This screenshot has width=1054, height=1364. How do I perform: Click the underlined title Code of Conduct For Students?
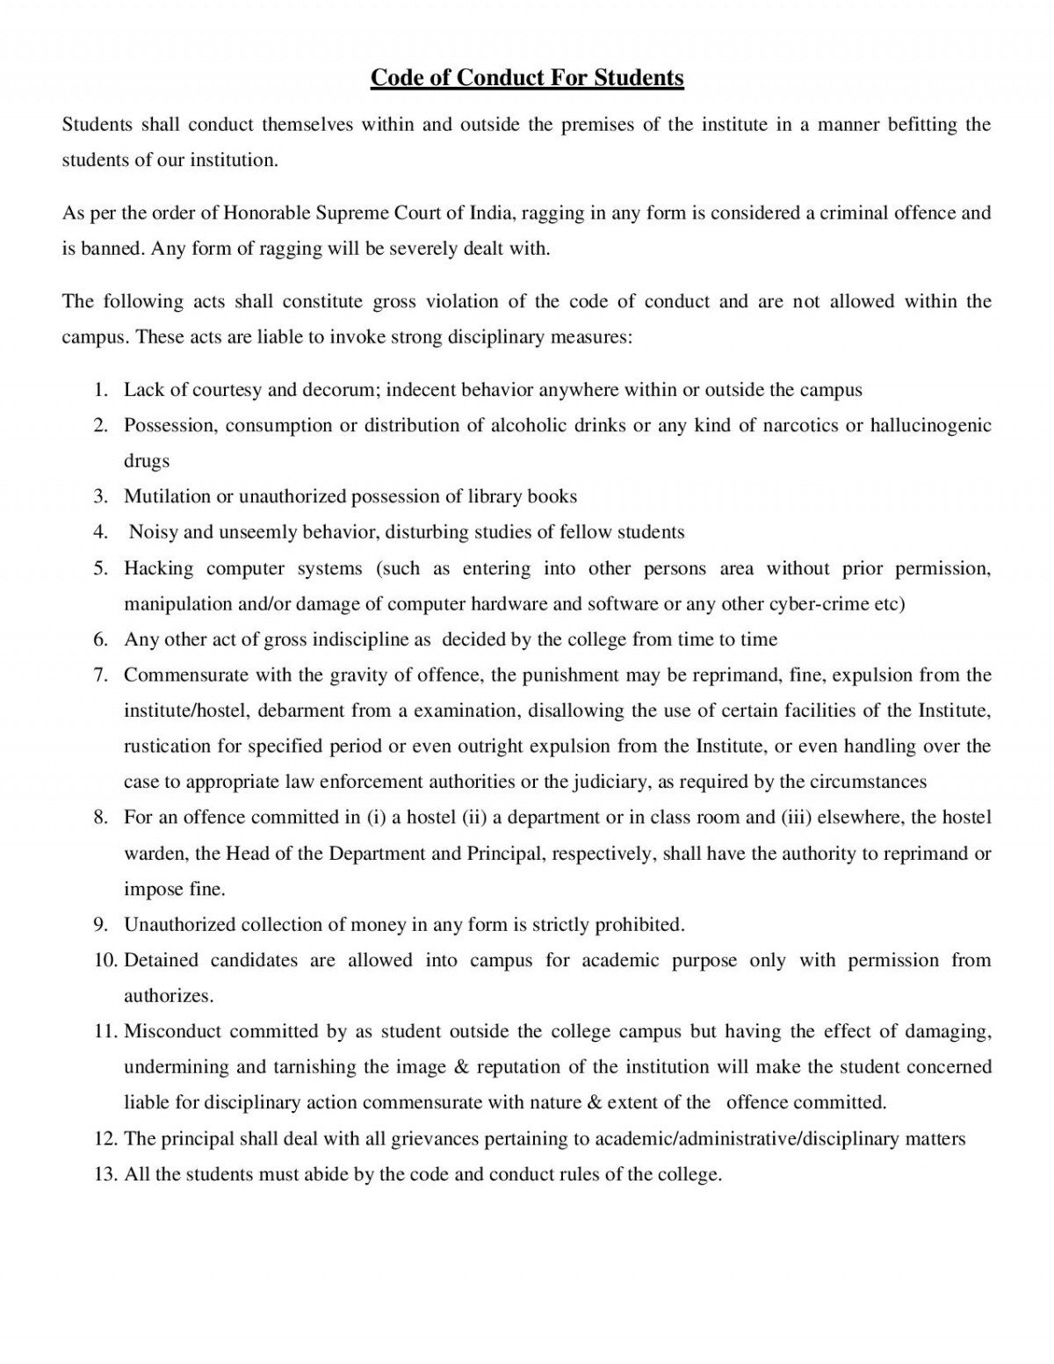point(527,78)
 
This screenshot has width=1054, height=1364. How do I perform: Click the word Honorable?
point(266,213)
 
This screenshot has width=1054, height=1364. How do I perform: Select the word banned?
point(112,249)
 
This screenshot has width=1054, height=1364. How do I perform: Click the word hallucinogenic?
point(930,425)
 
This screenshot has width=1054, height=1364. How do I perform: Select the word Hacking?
point(158,568)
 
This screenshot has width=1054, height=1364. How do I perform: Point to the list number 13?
point(105,1174)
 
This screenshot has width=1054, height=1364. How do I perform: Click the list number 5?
point(101,568)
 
